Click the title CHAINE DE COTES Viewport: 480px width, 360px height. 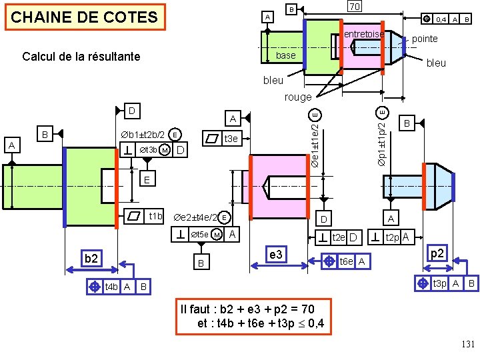85,17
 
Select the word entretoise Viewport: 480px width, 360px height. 363,34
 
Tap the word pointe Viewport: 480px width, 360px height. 425,39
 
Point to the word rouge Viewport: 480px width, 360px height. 297,97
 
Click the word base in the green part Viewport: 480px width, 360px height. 285,55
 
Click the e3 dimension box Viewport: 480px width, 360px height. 275,255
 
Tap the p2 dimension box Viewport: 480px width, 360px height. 437,254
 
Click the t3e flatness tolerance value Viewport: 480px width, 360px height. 231,139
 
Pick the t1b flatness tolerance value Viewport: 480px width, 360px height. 156,216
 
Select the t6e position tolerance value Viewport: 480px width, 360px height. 347,262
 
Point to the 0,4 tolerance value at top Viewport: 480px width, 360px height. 441,20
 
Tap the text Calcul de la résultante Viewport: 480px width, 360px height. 81,57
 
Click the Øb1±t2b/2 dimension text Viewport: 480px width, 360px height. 143,135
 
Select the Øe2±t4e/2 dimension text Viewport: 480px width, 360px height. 195,217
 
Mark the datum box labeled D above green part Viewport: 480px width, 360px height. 132,109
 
